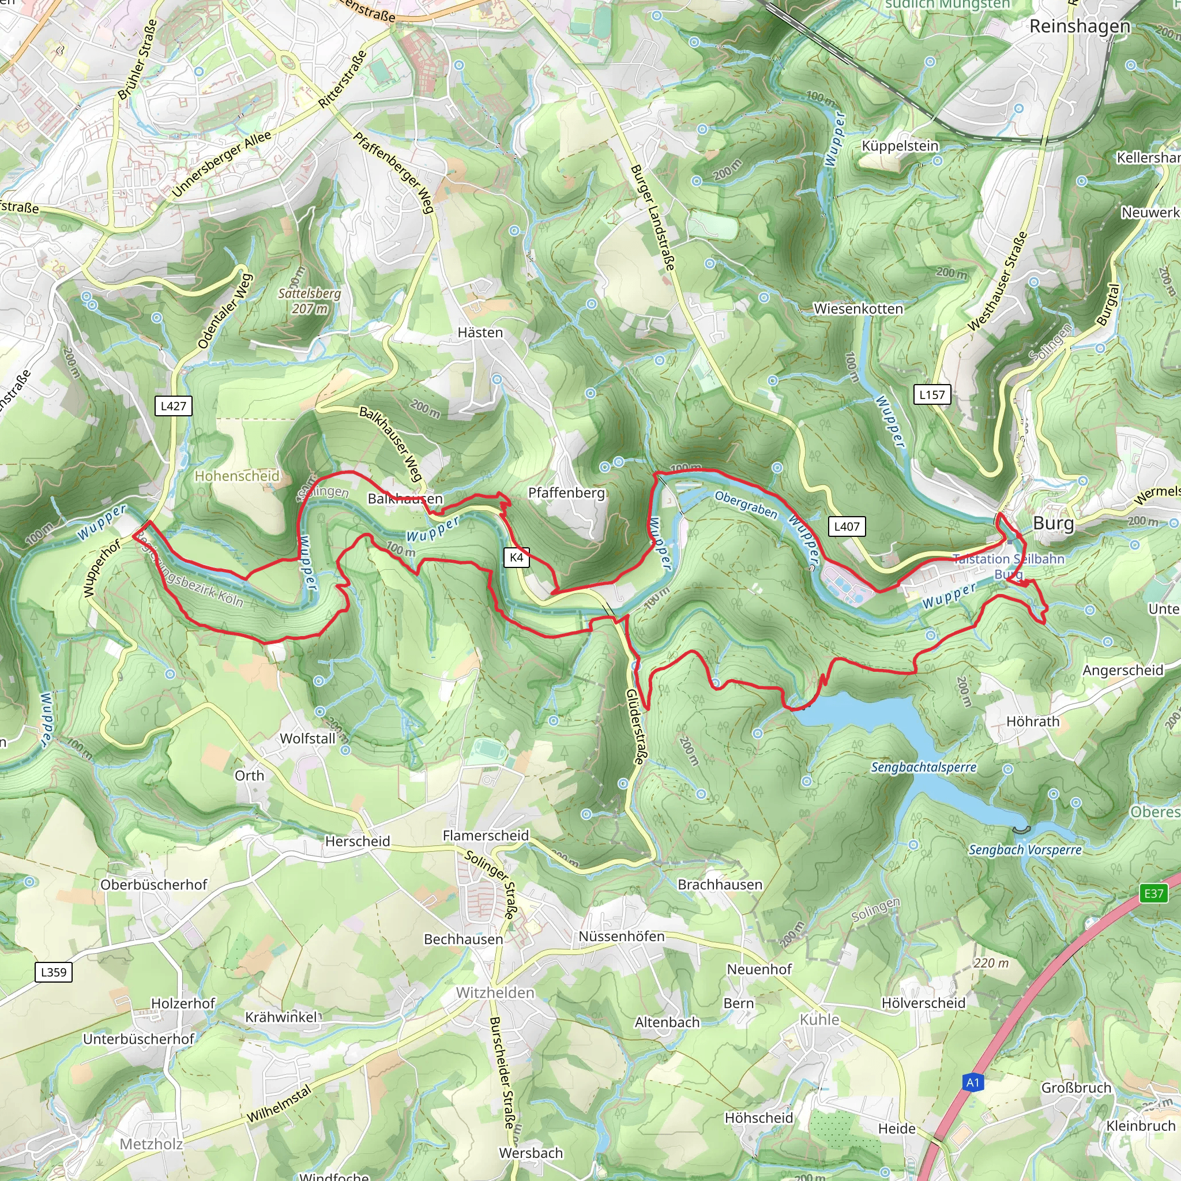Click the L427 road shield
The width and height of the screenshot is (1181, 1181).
173,406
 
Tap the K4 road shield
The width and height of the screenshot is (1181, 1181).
517,557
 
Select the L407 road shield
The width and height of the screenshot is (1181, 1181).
847,526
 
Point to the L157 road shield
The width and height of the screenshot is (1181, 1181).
932,394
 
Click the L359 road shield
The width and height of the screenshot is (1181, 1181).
54,972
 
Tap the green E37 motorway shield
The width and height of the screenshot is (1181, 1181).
1153,893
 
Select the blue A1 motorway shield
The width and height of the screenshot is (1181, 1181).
973,1082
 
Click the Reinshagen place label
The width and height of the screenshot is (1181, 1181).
1080,27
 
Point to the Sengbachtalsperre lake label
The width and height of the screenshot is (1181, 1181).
924,767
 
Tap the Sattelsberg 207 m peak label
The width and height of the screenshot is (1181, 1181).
309,301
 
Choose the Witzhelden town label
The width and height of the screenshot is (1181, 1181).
495,993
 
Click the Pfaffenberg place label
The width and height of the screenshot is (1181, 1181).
566,492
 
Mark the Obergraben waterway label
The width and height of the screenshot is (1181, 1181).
746,505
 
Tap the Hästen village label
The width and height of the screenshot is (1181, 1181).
480,333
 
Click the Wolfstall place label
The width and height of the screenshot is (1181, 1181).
307,739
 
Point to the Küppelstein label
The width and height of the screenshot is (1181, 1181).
899,146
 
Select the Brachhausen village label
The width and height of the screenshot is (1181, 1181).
720,885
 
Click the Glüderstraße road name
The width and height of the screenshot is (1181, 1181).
635,727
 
